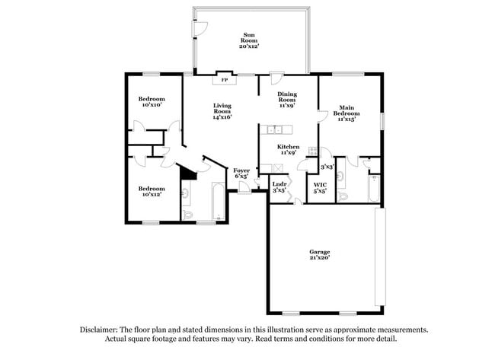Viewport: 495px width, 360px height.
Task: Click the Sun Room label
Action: point(250,40)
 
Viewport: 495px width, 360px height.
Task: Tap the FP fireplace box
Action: point(224,79)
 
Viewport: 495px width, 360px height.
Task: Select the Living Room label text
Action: point(222,111)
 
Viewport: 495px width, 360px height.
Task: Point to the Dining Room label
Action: point(286,100)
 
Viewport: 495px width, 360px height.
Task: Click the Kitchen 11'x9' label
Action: point(288,150)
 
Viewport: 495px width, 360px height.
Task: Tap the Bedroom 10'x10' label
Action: point(151,104)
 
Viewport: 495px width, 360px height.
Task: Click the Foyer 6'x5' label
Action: point(241,174)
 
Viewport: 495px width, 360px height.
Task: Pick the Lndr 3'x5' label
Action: point(279,186)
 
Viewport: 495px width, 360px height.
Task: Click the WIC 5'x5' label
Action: point(321,188)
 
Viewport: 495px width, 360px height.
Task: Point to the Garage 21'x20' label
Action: point(320,254)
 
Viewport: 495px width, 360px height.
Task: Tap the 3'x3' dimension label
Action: point(327,166)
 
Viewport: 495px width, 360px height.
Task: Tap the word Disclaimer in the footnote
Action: point(102,330)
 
